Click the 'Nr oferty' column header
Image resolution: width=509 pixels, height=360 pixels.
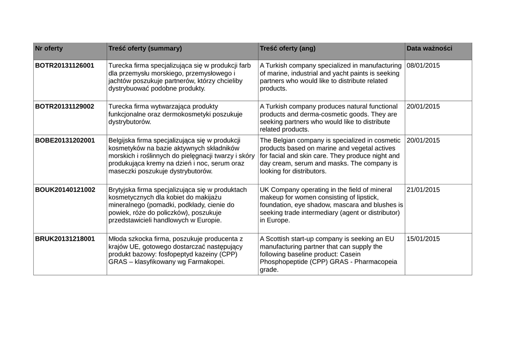(x=49, y=49)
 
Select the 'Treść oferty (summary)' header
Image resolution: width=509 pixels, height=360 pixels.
(x=145, y=49)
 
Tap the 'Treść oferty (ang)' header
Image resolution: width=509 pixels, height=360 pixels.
(x=288, y=49)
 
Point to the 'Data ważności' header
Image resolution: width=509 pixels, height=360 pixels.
(x=429, y=49)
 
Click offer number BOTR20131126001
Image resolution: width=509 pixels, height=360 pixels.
(x=65, y=66)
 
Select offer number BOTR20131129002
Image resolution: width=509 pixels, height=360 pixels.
(x=65, y=106)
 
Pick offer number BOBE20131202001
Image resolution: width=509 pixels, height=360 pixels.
(x=65, y=140)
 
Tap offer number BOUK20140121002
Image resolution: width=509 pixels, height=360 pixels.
(x=65, y=189)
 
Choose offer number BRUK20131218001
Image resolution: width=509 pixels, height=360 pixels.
(x=65, y=239)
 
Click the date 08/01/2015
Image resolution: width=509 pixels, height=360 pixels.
(x=424, y=66)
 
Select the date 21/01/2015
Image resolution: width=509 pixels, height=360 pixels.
(x=424, y=189)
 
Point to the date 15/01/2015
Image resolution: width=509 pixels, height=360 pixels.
(x=424, y=239)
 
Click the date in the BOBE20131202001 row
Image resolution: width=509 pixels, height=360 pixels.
(x=424, y=140)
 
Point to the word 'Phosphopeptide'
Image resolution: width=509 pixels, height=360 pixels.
(x=283, y=262)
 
